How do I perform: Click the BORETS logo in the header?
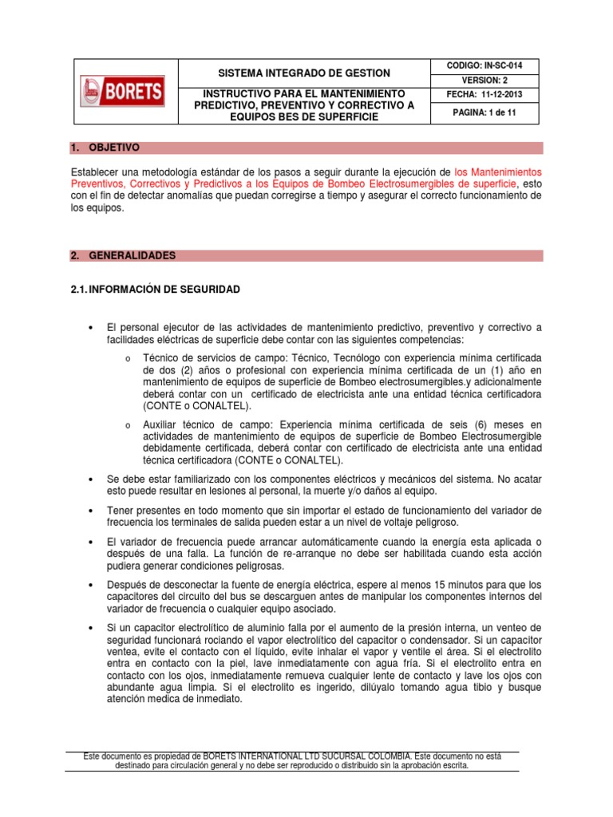coord(123,91)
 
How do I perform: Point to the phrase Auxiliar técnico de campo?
coord(201,424)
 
